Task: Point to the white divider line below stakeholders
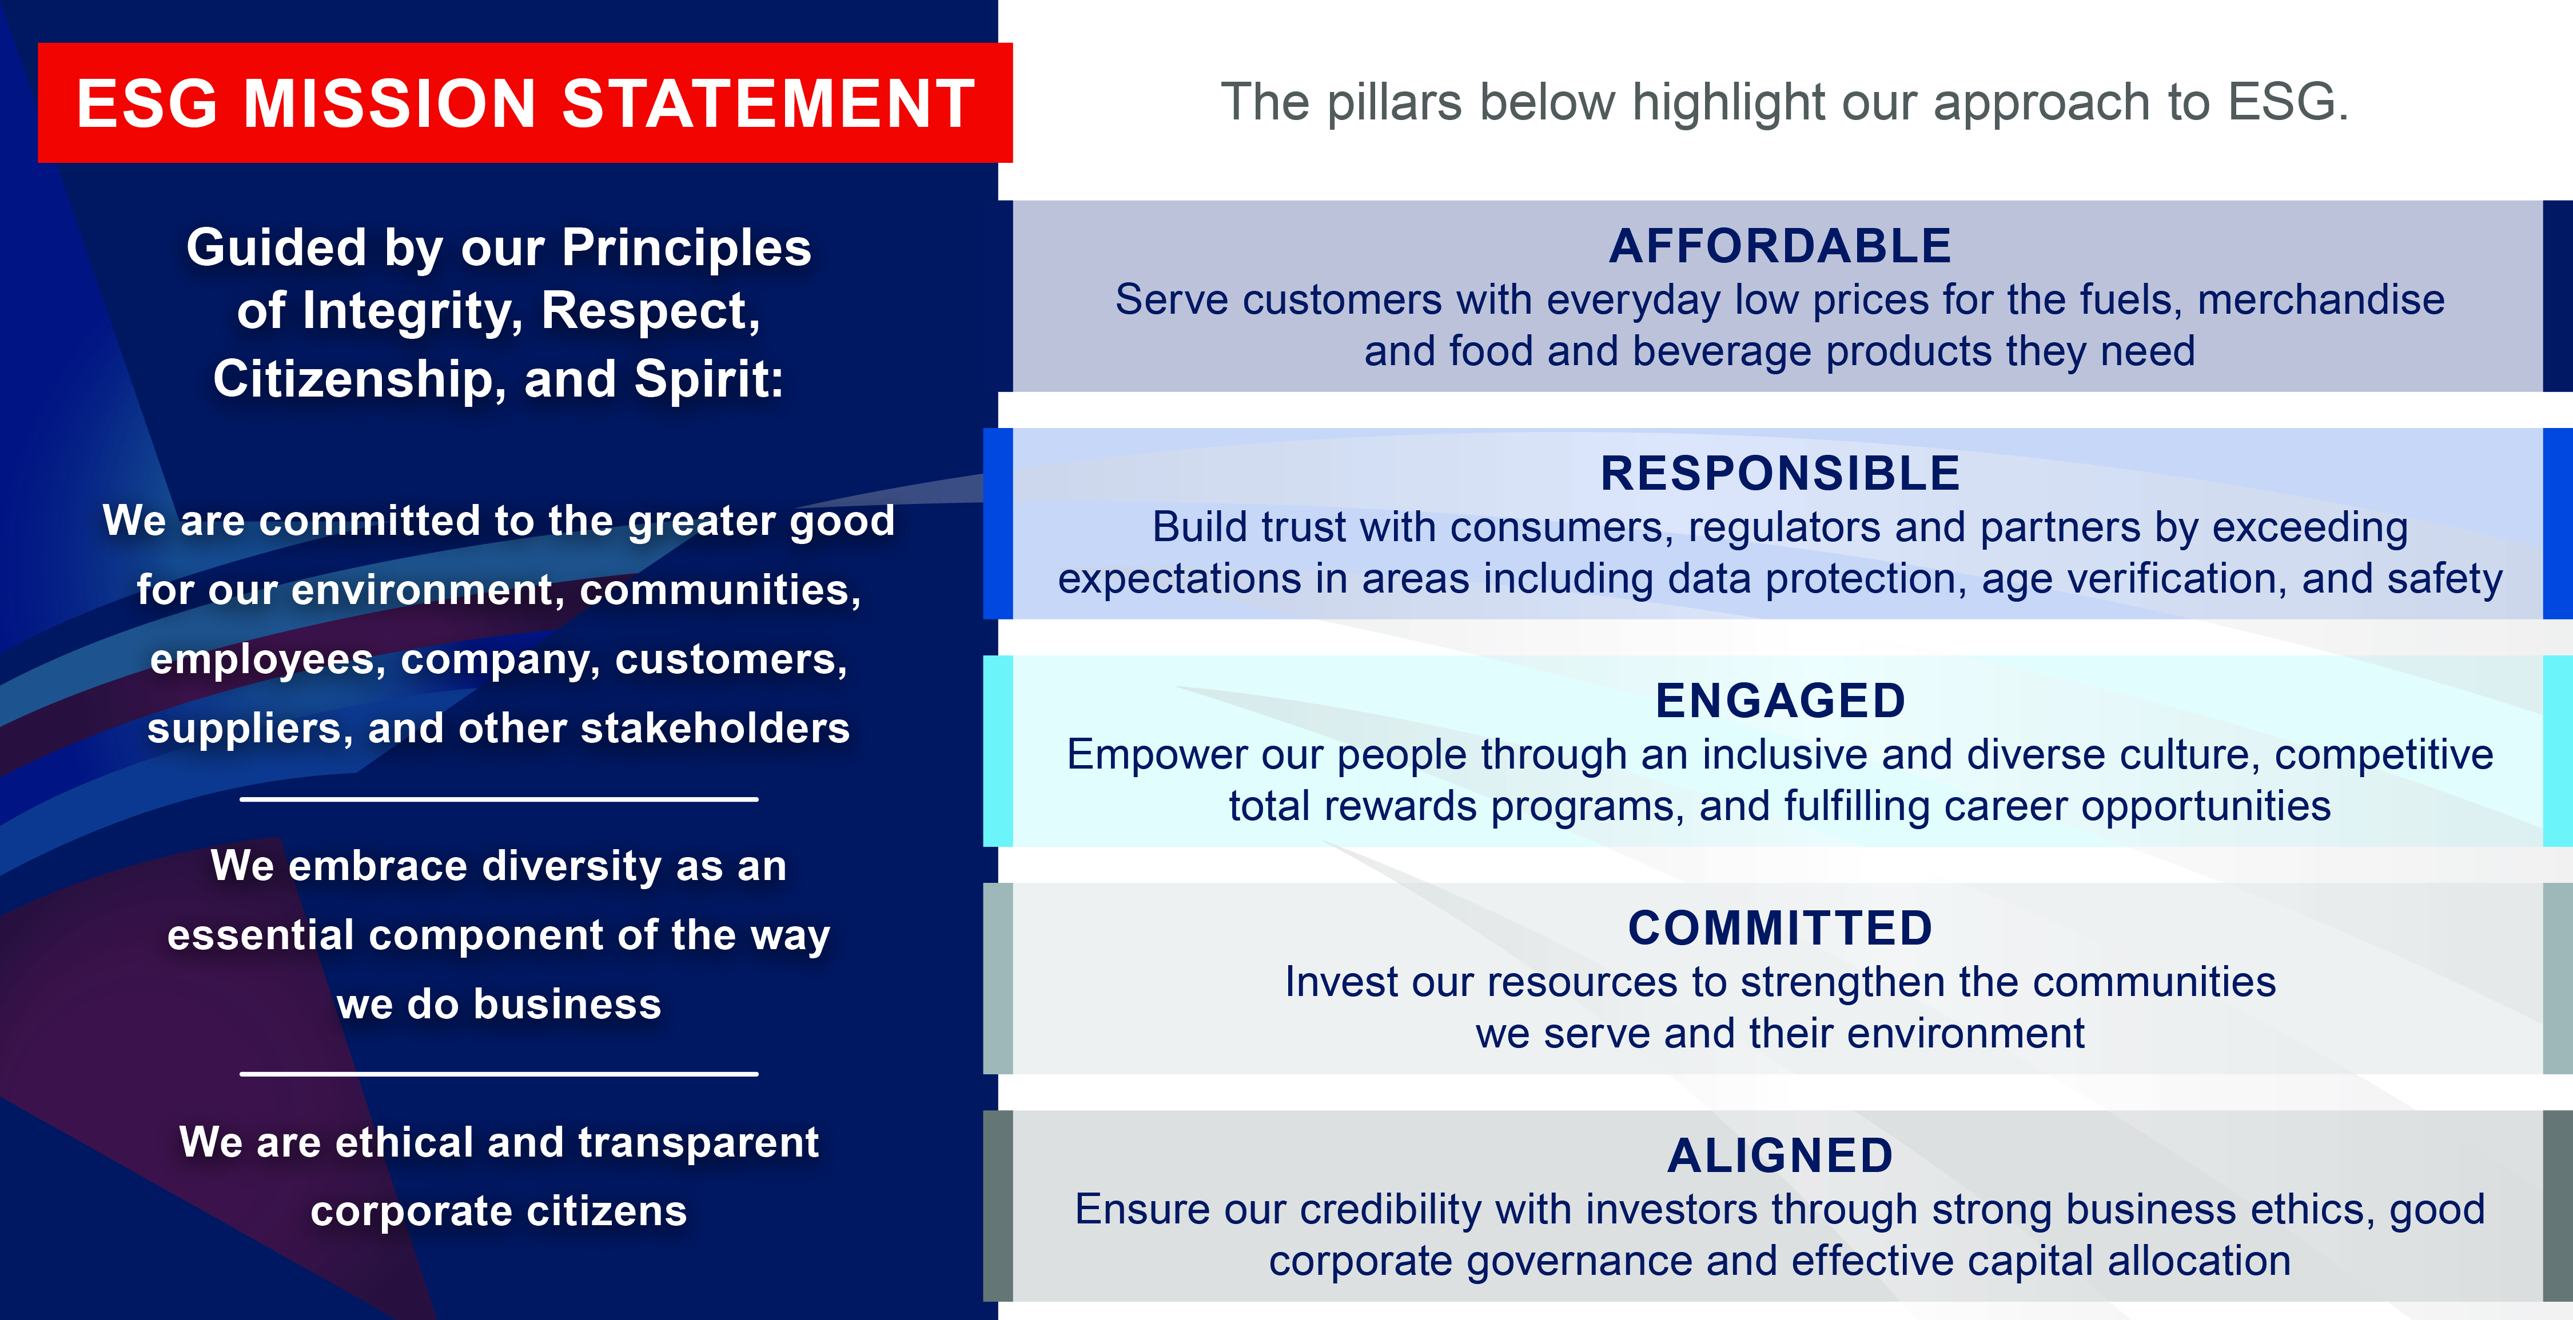click(x=499, y=799)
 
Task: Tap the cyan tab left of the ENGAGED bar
click(x=997, y=751)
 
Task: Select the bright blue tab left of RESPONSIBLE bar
click(x=997, y=523)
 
